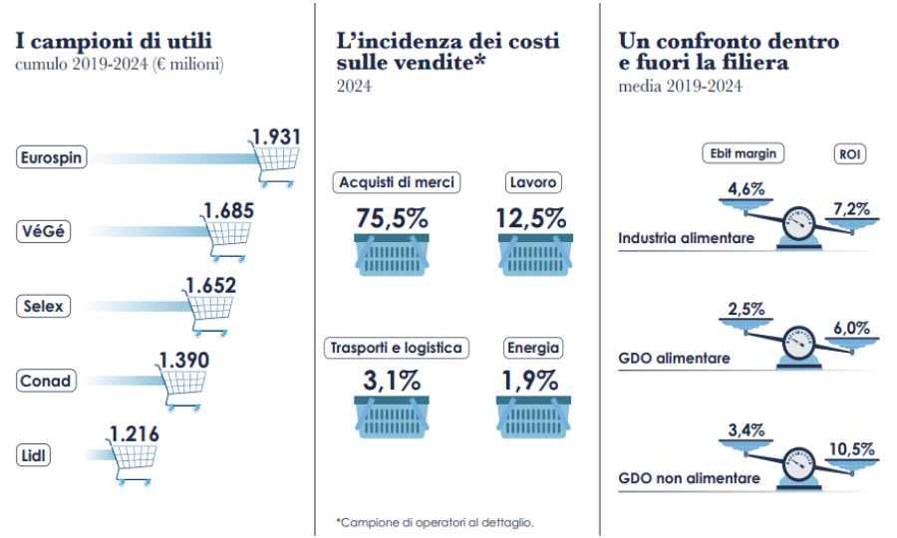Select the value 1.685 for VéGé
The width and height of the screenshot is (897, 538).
point(228,210)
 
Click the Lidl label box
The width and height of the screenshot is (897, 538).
point(34,455)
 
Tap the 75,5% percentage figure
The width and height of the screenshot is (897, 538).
point(393,218)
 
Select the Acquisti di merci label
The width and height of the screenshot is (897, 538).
point(397,182)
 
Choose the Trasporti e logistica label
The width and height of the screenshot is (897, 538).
point(397,348)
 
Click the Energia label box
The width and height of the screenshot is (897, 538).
point(533,348)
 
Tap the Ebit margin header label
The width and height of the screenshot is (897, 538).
point(743,153)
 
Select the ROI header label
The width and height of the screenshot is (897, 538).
point(850,154)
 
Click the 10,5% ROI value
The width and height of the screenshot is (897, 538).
point(853,449)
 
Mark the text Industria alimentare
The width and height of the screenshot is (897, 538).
point(686,239)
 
